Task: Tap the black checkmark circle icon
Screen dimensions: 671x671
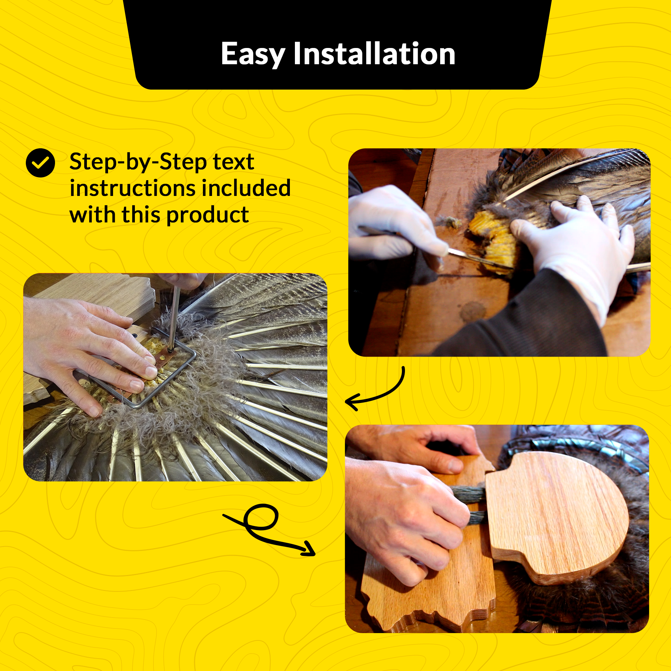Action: (x=40, y=163)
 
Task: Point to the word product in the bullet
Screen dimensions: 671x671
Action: (x=207, y=216)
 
